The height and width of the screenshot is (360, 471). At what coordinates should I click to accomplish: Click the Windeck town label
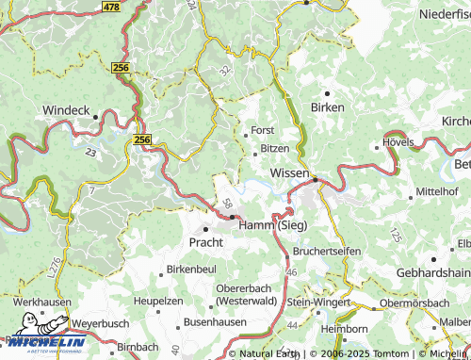click(65, 110)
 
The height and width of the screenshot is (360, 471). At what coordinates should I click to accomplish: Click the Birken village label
click(329, 107)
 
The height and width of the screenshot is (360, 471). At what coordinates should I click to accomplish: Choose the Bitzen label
click(275, 149)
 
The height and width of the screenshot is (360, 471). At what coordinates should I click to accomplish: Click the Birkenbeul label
click(192, 270)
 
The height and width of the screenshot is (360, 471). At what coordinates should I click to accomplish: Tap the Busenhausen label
click(215, 321)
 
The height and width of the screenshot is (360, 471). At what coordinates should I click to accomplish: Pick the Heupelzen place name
click(156, 299)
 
